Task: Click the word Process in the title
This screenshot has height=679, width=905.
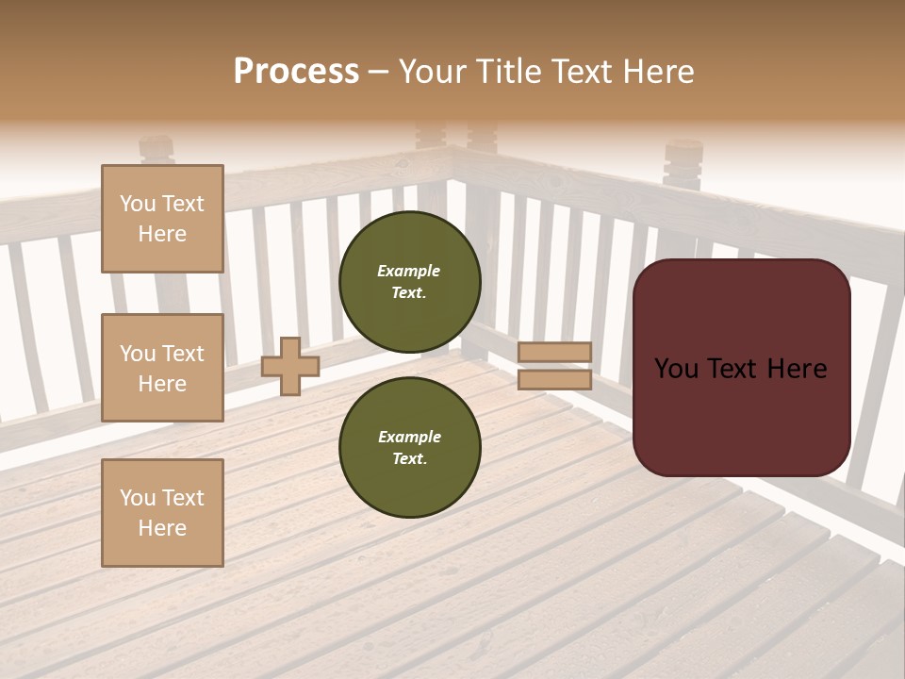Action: click(296, 72)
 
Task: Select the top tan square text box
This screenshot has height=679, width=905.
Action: click(162, 219)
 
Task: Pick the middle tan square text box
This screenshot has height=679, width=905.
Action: click(162, 368)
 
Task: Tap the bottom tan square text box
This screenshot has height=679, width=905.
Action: click(162, 513)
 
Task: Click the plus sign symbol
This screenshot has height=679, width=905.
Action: click(289, 367)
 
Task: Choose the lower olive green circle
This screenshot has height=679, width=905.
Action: click(410, 447)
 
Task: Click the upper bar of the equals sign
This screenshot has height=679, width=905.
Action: click(554, 352)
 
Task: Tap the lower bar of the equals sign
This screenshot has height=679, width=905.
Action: click(554, 379)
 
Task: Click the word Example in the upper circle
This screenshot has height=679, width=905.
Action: click(409, 271)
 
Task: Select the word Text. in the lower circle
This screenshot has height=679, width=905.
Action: click(409, 459)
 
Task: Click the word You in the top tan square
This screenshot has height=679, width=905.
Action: click(138, 204)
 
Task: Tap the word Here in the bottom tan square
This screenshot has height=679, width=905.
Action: click(162, 528)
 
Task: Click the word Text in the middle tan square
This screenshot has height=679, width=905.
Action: click(182, 354)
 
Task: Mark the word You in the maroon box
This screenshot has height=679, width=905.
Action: click(676, 369)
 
